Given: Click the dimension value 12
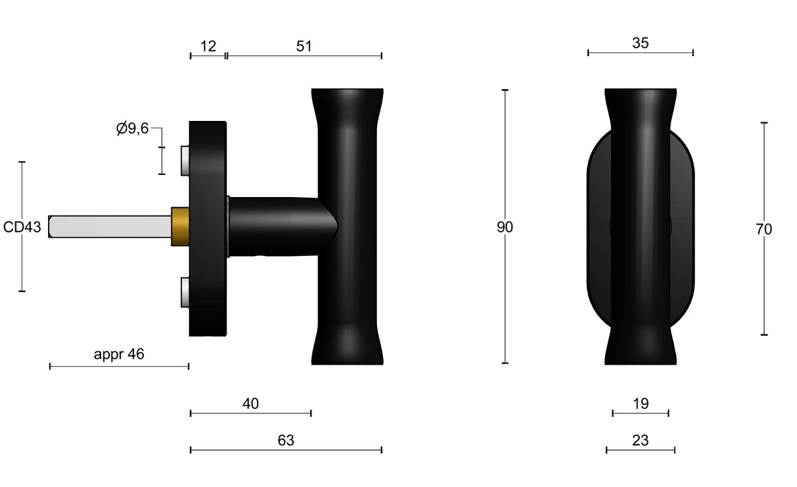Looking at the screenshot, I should [x=208, y=46].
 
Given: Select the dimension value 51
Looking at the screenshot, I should [x=304, y=46].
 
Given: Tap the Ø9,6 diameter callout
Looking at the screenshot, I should [x=133, y=128].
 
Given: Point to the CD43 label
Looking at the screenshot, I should [x=22, y=227].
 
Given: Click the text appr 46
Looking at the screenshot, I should [x=119, y=354].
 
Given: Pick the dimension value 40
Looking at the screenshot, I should [x=251, y=404].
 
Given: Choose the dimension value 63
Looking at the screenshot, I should [x=286, y=441].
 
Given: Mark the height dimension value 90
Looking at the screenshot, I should [x=505, y=227].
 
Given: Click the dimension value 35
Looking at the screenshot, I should [x=641, y=43].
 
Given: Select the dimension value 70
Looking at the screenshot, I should [x=764, y=229].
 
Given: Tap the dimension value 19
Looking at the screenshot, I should [x=641, y=404].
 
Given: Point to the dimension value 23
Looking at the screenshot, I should [x=641, y=441].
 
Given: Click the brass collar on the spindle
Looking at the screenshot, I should [x=181, y=227].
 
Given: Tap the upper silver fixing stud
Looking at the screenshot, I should [x=184, y=161].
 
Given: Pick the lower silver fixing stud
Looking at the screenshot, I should [x=184, y=292].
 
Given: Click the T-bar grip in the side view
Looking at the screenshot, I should [x=347, y=227].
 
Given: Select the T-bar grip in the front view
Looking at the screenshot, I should [x=640, y=227].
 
